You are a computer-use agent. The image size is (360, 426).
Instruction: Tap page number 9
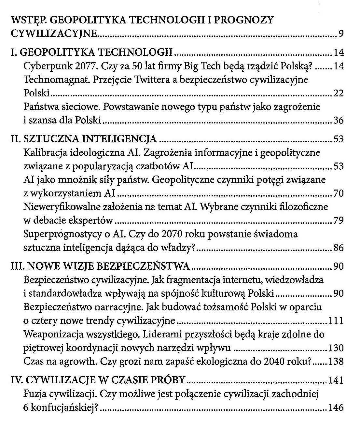[341, 34]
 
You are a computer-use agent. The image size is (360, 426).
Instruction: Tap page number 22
[339, 94]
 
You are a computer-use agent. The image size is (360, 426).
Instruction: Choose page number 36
[339, 121]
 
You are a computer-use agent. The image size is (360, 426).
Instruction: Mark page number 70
[339, 194]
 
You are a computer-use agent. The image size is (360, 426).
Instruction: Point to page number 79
[339, 221]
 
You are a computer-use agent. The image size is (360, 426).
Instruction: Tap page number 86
[339, 248]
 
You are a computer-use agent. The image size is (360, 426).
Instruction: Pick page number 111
[336, 321]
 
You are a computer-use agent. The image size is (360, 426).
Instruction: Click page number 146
[336, 407]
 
